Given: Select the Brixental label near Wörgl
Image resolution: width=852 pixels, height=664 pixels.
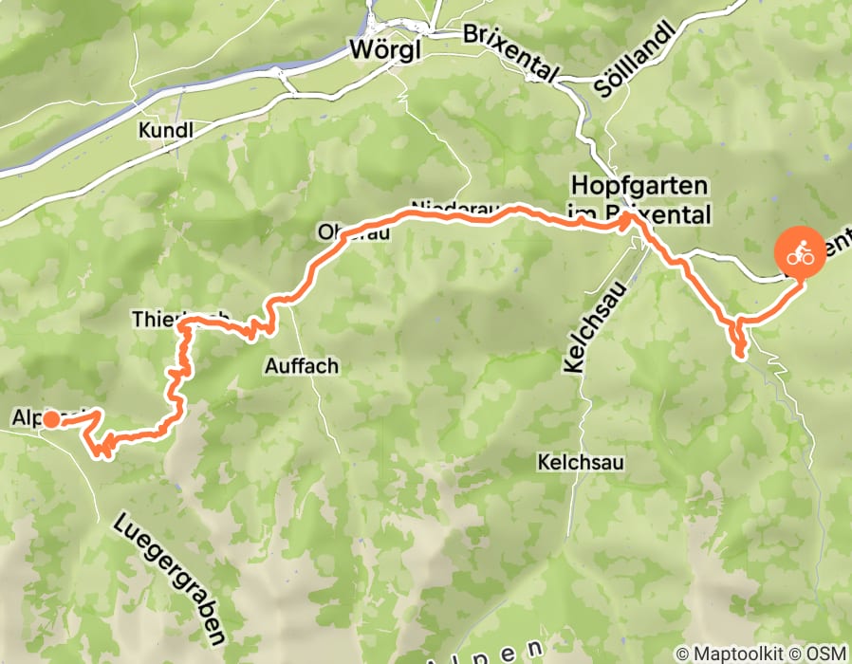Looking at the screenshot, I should (512, 52).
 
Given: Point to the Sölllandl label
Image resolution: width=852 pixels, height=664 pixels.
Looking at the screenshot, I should (635, 60).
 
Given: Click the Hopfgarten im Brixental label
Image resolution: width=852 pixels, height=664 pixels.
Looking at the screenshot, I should (639, 198).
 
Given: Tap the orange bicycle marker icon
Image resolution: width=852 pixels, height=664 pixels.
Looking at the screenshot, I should (802, 253).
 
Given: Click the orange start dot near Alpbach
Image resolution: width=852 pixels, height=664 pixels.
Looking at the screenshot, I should (49, 417).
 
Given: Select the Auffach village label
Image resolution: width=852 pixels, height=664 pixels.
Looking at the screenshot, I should (301, 365).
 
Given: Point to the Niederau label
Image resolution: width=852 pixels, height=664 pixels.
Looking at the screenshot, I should (451, 209).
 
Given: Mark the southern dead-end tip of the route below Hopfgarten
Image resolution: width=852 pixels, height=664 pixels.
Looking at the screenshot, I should (741, 356).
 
